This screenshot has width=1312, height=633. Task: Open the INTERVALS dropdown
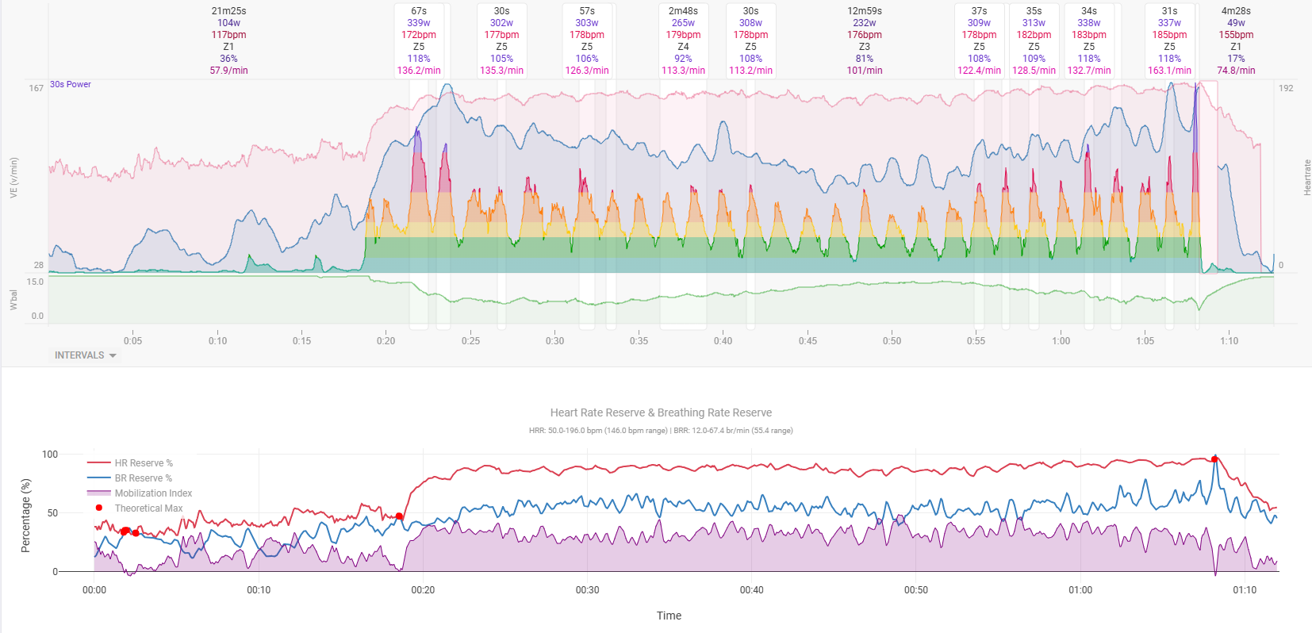pyautogui.click(x=85, y=355)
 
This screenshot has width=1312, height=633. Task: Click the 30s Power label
pyautogui.click(x=71, y=84)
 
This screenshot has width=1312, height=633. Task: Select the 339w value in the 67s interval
pyautogui.click(x=419, y=23)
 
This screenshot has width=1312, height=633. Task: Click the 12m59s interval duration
pyautogui.click(x=864, y=11)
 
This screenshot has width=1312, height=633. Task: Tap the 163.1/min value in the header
pyautogui.click(x=1169, y=71)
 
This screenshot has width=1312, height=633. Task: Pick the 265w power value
pyautogui.click(x=683, y=23)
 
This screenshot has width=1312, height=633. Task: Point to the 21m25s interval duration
pyautogui.click(x=228, y=11)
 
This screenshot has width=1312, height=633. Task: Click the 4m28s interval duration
pyautogui.click(x=1236, y=11)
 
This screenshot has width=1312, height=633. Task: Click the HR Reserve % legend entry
pyautogui.click(x=143, y=463)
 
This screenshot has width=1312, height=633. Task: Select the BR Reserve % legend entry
pyautogui.click(x=143, y=478)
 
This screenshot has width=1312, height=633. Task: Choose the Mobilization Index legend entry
pyautogui.click(x=152, y=493)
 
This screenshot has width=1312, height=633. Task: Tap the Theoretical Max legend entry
pyautogui.click(x=148, y=508)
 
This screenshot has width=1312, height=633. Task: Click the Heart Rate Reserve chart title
pyautogui.click(x=661, y=412)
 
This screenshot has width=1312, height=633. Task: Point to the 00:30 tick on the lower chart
pyautogui.click(x=587, y=590)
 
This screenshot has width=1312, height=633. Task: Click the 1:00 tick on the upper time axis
pyautogui.click(x=1061, y=341)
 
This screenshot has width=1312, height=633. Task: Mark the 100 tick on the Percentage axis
pyautogui.click(x=50, y=455)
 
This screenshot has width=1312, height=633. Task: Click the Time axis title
pyautogui.click(x=669, y=616)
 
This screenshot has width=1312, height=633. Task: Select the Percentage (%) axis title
pyautogui.click(x=25, y=516)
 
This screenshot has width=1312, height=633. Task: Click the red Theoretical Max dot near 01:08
pyautogui.click(x=1214, y=459)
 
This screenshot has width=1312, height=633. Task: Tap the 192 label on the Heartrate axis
pyautogui.click(x=1286, y=88)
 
